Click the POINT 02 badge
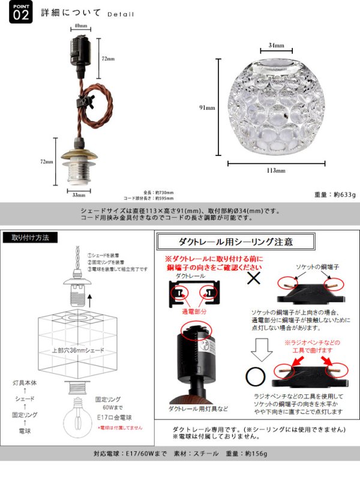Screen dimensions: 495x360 (x=20, y=14)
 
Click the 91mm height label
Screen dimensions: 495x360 (x=207, y=108)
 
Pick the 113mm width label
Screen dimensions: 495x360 (x=276, y=170)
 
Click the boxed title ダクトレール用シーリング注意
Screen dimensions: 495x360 (x=235, y=242)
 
